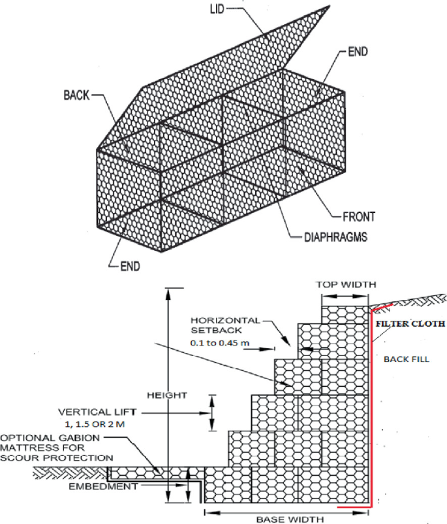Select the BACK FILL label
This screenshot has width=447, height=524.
coord(406,359)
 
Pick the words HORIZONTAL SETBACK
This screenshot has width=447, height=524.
coord(225,325)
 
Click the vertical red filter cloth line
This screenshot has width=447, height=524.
coord(371,405)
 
